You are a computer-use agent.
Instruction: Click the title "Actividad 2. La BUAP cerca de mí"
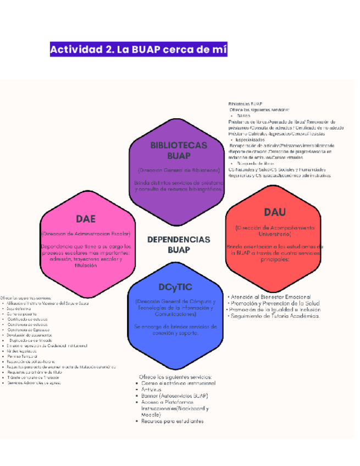point(139,50)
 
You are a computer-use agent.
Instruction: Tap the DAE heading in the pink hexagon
point(86,219)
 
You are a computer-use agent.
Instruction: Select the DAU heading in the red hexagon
point(275,213)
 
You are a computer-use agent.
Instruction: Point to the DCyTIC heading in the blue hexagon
point(175,287)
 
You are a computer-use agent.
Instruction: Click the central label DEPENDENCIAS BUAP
point(179,245)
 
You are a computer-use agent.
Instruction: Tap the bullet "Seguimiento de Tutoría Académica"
point(275,316)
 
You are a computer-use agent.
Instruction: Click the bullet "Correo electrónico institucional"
point(175,382)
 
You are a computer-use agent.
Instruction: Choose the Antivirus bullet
point(153,389)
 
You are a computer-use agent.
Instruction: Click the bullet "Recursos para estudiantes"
point(172,421)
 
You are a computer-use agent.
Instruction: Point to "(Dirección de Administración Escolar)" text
point(86,233)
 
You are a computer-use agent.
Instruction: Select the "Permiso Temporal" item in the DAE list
point(23,357)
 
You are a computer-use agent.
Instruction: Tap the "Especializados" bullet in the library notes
point(251,140)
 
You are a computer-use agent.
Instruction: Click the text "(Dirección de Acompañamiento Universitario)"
point(275,230)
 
